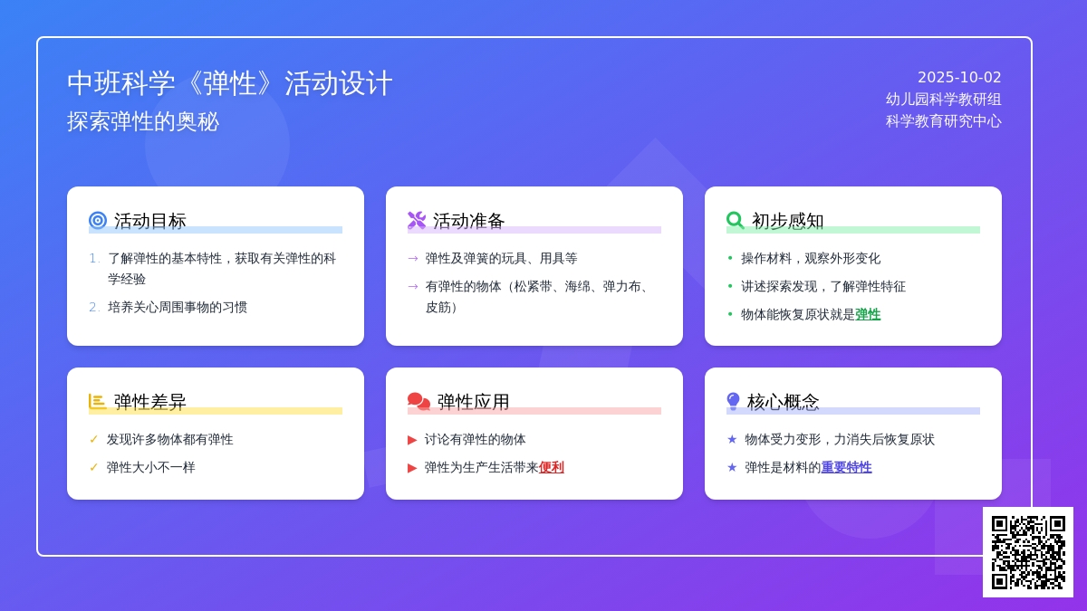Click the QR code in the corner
click(x=1028, y=552)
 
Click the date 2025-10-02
click(x=959, y=78)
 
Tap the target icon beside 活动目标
click(x=98, y=220)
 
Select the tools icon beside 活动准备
click(x=417, y=220)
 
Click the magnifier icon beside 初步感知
click(x=736, y=220)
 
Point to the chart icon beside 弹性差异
click(x=98, y=402)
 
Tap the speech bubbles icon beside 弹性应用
click(x=418, y=402)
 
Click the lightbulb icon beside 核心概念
click(x=733, y=402)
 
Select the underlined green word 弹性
click(x=868, y=315)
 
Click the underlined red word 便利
click(x=552, y=467)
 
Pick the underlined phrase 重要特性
click(x=846, y=467)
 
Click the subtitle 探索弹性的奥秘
click(x=143, y=121)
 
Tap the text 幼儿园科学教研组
click(x=943, y=100)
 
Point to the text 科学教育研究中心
click(x=943, y=121)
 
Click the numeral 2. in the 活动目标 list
click(x=94, y=308)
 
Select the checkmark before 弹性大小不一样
click(x=93, y=467)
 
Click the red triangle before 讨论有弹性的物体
click(x=412, y=440)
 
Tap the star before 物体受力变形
click(x=732, y=439)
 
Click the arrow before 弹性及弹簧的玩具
click(x=413, y=259)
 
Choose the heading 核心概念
click(x=783, y=402)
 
